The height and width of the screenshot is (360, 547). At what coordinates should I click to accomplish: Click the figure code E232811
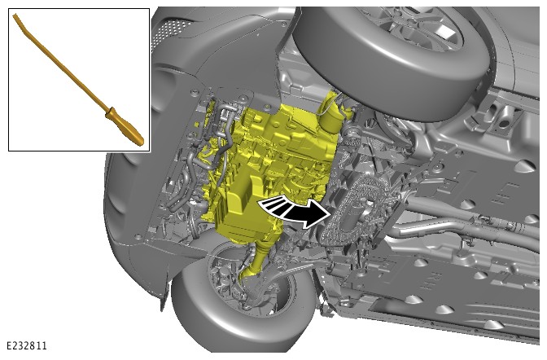pos(27,345)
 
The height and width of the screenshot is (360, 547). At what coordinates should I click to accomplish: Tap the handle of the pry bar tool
pos(125,126)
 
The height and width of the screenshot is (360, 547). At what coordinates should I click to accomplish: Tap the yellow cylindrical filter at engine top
pos(332,115)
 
